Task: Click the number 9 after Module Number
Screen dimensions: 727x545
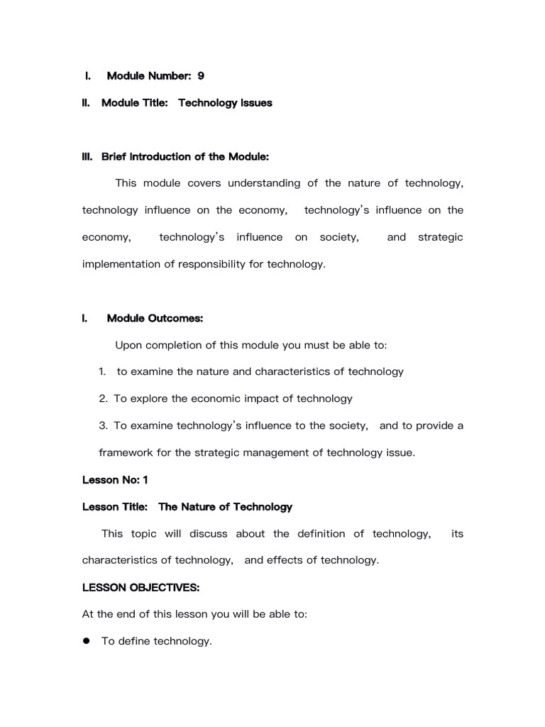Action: (201, 76)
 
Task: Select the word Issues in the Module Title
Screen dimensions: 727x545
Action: (255, 103)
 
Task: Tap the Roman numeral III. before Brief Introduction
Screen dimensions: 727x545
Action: (88, 156)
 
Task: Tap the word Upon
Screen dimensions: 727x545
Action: (128, 345)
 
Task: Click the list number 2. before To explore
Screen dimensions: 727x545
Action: (104, 399)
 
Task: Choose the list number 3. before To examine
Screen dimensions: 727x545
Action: (104, 426)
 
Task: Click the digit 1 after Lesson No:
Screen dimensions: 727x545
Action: (145, 480)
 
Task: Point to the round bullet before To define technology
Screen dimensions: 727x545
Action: (87, 641)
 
